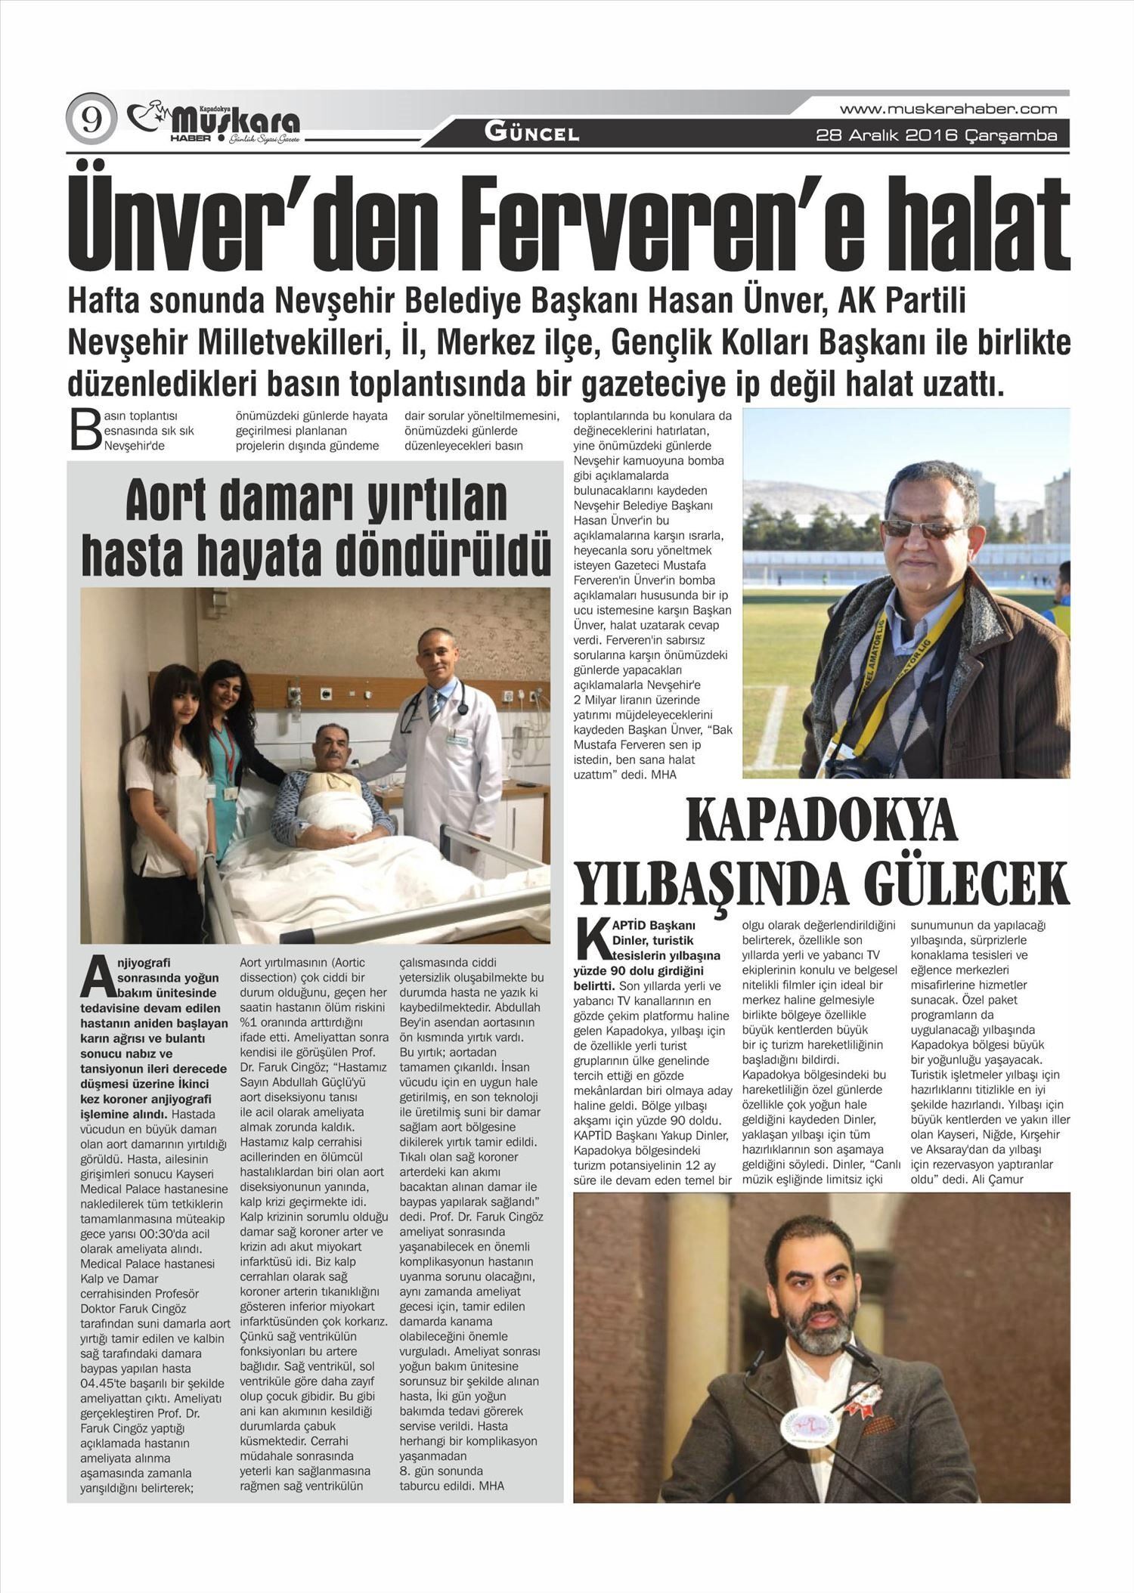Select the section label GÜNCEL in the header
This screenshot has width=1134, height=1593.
click(x=531, y=134)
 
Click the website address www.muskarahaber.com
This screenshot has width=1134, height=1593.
click(x=948, y=109)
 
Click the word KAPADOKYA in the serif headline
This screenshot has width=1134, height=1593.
click(x=821, y=822)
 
